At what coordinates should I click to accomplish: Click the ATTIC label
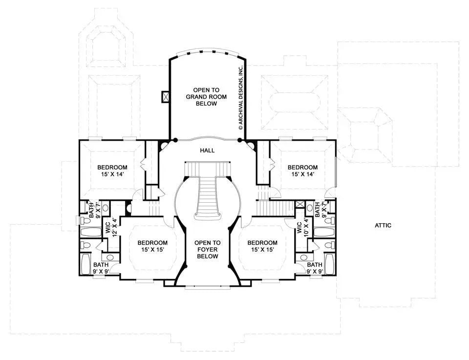click(x=383, y=225)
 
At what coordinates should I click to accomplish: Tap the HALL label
click(x=207, y=150)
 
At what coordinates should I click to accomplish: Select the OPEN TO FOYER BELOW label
click(x=207, y=249)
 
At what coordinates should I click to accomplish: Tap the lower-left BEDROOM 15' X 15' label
click(x=152, y=246)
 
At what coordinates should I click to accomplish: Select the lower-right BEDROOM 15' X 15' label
click(x=262, y=246)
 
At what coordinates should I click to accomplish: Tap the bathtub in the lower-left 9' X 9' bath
click(x=85, y=264)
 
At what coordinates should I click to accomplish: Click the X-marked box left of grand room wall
click(x=165, y=97)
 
